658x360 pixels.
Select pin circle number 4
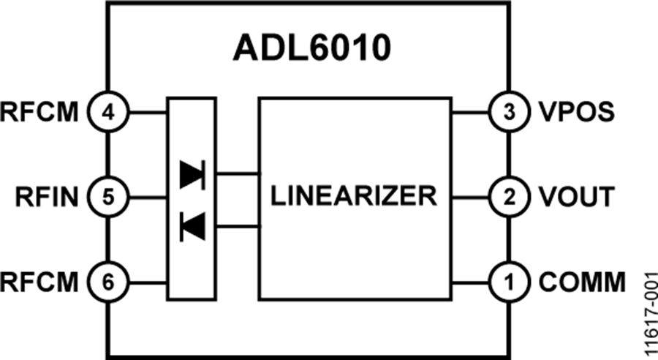point(108,113)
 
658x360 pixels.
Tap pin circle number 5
point(108,196)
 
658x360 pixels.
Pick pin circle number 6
point(108,281)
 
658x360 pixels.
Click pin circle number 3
point(509,113)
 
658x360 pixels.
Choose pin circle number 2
point(509,196)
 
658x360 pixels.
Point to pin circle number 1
point(509,281)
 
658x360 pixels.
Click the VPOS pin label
point(577,113)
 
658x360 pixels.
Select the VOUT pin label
point(577,196)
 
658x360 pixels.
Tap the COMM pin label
point(583,281)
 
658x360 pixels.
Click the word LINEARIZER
point(354,196)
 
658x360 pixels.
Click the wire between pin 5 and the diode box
point(147,196)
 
